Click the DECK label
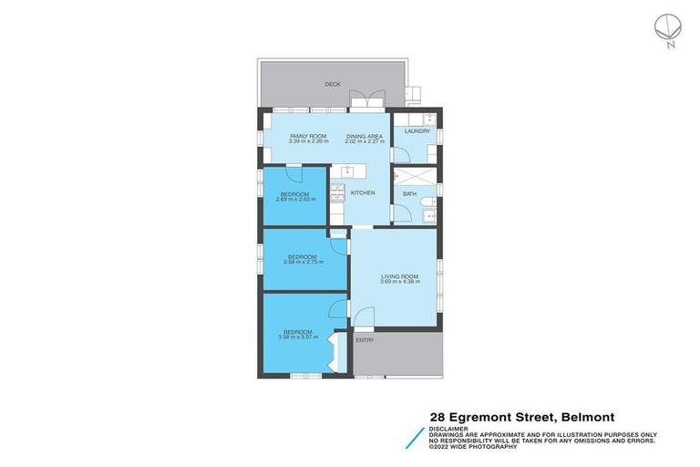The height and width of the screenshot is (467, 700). click(x=333, y=85)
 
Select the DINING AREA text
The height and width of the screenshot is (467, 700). click(x=363, y=136)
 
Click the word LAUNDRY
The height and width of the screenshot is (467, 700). click(x=417, y=131)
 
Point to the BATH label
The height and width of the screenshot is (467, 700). click(x=410, y=193)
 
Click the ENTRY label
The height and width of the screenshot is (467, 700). click(x=365, y=340)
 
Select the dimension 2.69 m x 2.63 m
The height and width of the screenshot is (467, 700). click(x=295, y=199)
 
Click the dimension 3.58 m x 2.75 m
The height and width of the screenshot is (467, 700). click(x=302, y=262)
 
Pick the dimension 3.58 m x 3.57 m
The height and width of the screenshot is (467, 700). click(x=297, y=337)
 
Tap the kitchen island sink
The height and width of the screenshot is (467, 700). click(x=346, y=170)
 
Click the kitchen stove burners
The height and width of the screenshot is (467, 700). click(x=336, y=192)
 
